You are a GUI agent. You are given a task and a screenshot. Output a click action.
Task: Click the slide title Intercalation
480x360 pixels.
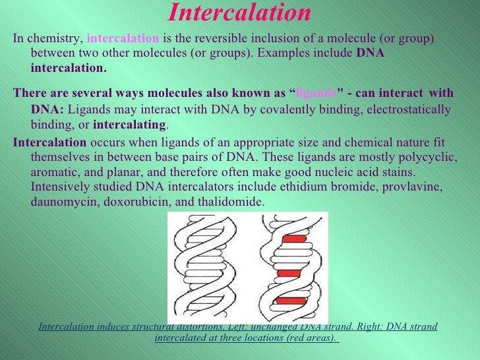[x=239, y=13]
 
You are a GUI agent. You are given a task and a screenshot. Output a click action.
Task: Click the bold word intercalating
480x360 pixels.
[x=130, y=124]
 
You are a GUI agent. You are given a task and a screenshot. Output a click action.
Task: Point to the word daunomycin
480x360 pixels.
[x=62, y=202]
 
